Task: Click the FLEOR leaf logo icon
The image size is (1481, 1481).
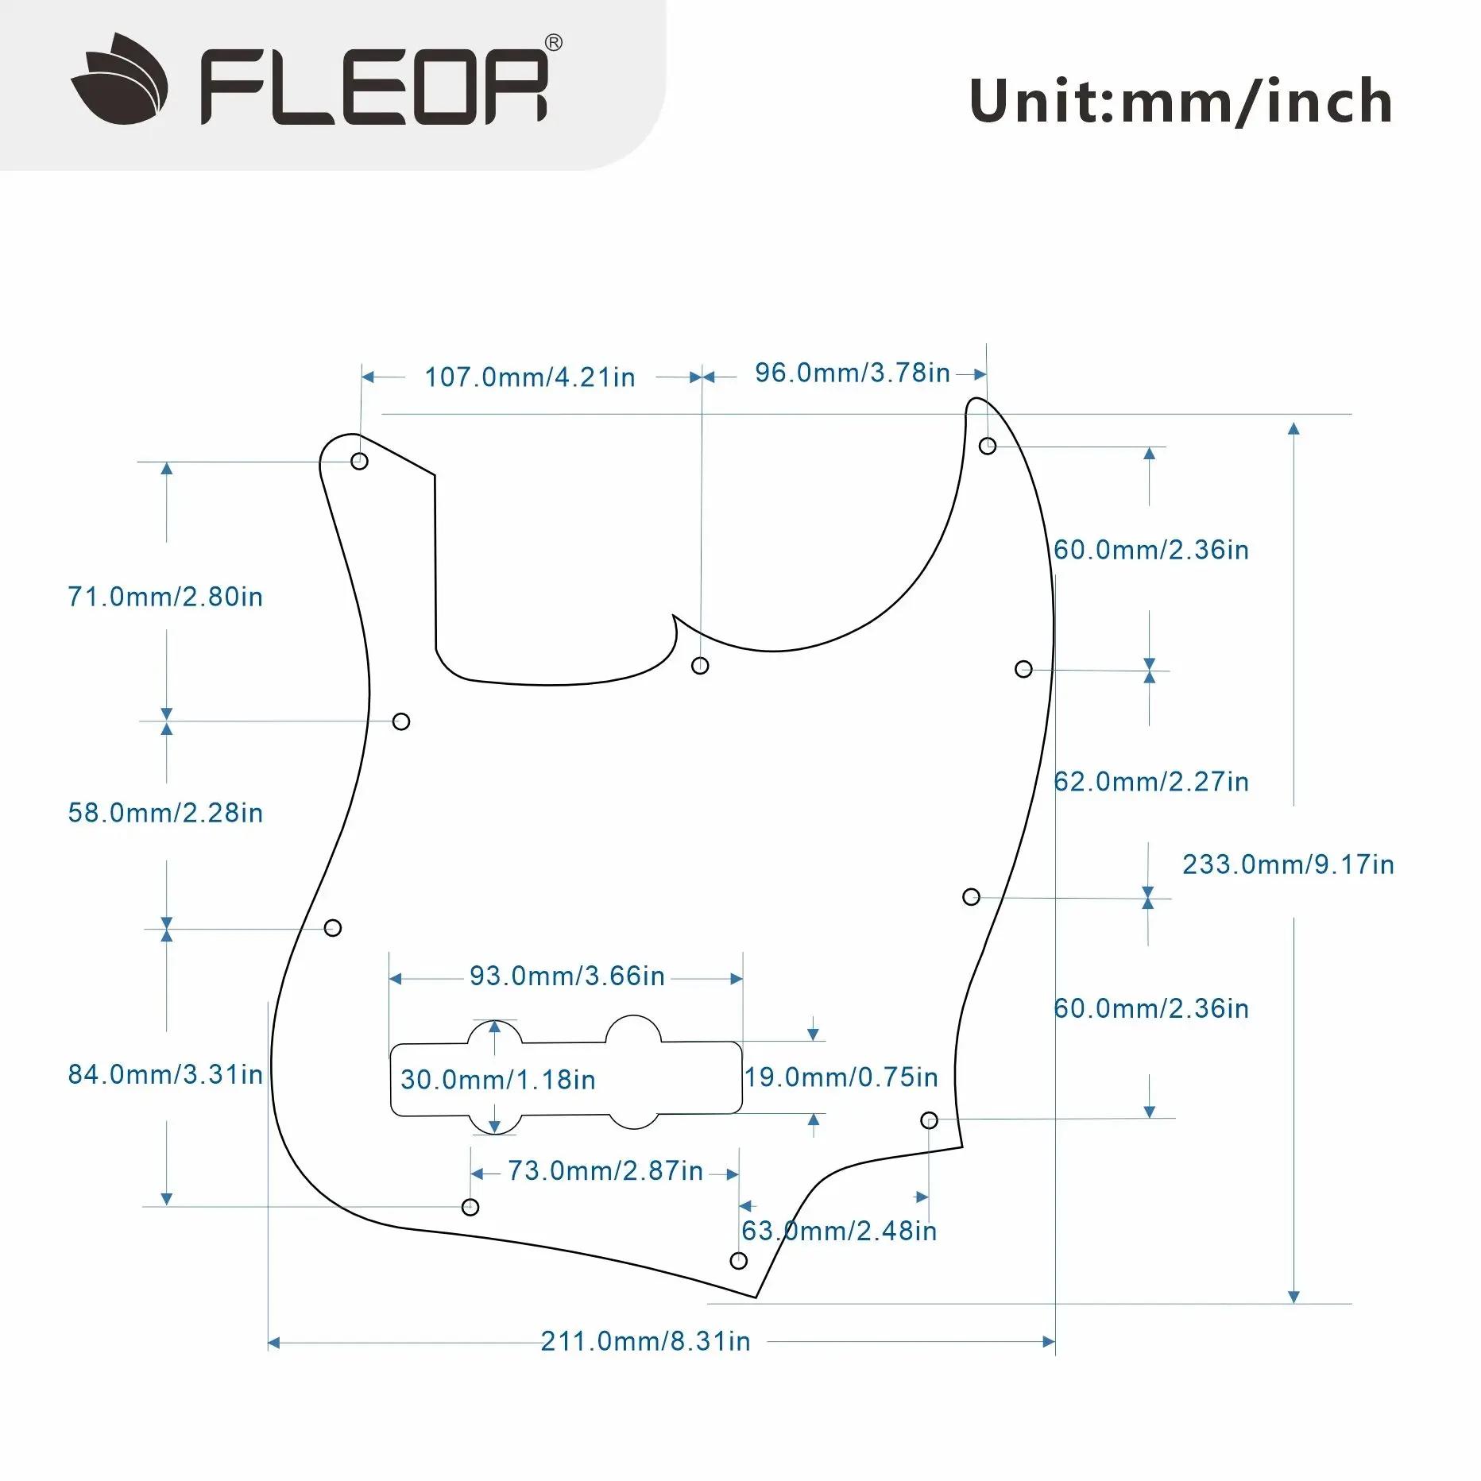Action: (x=120, y=79)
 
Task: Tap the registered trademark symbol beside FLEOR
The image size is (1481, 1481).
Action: (x=554, y=43)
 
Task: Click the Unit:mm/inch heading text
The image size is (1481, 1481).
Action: (x=1181, y=102)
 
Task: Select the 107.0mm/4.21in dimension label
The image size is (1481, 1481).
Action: (x=530, y=377)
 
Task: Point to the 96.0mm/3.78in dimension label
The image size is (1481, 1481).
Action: (x=852, y=373)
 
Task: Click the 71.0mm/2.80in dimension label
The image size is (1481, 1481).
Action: (x=165, y=597)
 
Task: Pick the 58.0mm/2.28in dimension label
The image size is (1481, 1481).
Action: (x=165, y=813)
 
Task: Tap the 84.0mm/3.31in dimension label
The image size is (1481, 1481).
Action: (x=165, y=1074)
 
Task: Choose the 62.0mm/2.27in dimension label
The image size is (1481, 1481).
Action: (x=1151, y=782)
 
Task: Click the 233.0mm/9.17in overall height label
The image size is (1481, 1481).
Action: (x=1288, y=864)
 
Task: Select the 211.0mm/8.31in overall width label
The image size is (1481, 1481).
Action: (x=645, y=1341)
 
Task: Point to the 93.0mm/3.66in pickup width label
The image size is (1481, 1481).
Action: (x=567, y=976)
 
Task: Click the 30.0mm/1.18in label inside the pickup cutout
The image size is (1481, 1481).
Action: (x=498, y=1080)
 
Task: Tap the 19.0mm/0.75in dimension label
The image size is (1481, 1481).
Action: (x=841, y=1077)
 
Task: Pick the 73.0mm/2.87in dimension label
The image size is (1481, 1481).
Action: (x=605, y=1170)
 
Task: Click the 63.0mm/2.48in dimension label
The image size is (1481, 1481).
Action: (x=839, y=1231)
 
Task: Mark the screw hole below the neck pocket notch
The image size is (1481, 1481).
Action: (x=700, y=666)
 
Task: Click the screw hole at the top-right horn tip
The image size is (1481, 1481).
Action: (x=988, y=446)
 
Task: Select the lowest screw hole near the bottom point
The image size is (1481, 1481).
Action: (x=739, y=1261)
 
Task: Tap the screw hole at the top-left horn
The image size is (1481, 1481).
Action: (x=359, y=461)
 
